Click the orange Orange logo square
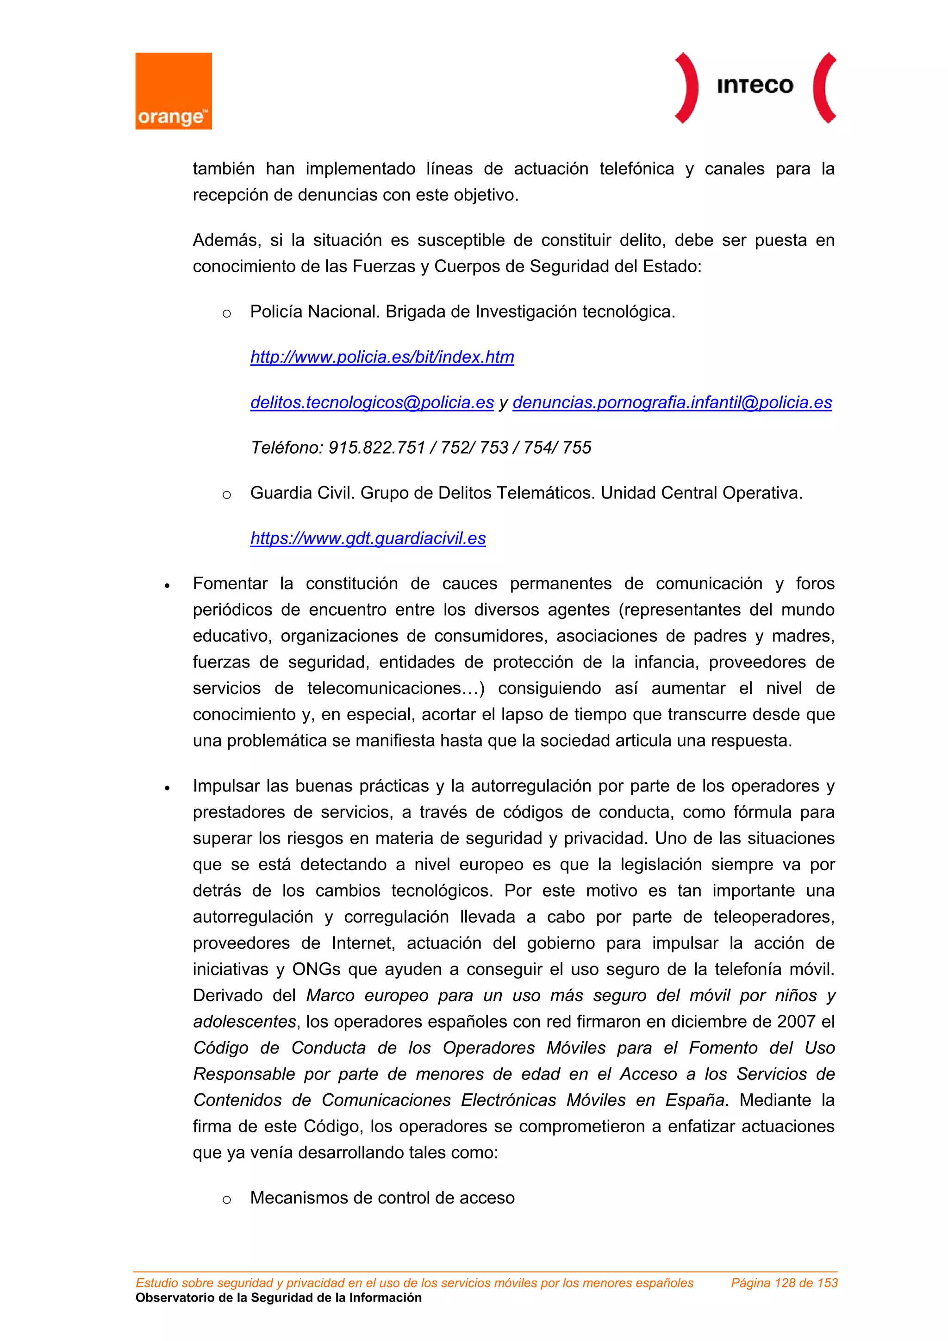point(174,91)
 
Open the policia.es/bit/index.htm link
point(382,357)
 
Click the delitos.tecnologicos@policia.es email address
point(372,402)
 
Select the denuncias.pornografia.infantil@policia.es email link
point(672,402)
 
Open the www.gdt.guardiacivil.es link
point(368,538)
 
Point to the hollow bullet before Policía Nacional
point(227,314)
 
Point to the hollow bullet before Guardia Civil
point(227,495)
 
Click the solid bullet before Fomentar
point(167,585)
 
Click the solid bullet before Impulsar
point(167,788)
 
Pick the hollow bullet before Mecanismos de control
point(227,1200)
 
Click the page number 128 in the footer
point(785,1283)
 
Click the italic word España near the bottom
point(695,1100)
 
